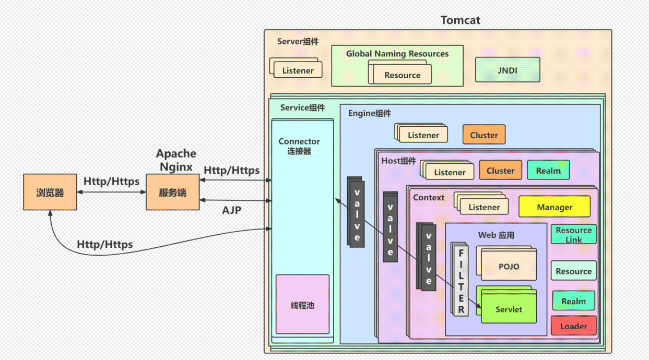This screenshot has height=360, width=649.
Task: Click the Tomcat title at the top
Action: pos(460,20)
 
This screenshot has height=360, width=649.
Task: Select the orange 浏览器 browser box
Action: pos(50,193)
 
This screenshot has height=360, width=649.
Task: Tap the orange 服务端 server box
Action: pos(172,193)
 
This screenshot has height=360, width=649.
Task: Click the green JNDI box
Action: pos(507,70)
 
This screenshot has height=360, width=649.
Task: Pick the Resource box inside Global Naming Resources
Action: pos(402,75)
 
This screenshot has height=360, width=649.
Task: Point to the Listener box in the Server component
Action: pos(298,70)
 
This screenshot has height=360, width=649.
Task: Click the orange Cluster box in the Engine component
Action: pos(484,135)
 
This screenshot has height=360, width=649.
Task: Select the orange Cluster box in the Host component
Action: pos(500,171)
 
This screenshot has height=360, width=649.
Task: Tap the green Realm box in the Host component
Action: pos(548,171)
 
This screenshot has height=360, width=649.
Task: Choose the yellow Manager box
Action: pos(554,207)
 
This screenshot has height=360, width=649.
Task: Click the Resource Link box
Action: pos(573,235)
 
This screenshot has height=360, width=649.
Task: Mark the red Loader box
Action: pos(573,326)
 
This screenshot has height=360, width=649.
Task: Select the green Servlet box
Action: pos(509,309)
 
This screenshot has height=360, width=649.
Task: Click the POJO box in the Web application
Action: pos(509,267)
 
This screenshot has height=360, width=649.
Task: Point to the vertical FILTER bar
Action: pos(461,281)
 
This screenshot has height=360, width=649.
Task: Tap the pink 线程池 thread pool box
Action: pos(302,305)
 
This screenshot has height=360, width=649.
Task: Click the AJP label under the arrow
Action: pos(231,210)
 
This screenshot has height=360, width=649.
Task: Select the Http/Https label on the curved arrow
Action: pos(104,244)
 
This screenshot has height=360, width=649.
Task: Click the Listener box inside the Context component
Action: pos(484,207)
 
